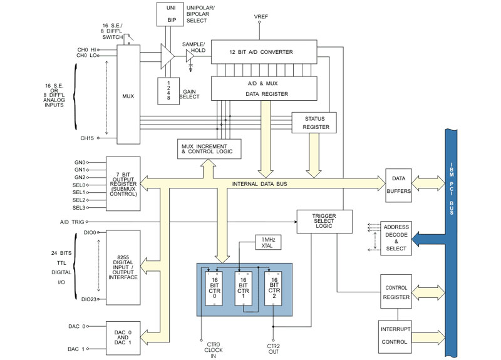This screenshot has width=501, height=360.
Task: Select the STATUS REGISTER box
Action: coord(314,122)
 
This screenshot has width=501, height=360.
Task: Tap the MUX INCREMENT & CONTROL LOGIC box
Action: coord(209,148)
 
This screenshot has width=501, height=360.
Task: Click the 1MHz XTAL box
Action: coord(267,242)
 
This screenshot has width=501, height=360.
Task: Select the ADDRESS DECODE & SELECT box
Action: coord(397,238)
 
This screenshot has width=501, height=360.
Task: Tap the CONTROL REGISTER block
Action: coord(397,292)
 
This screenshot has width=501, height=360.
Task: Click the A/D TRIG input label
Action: coord(69,222)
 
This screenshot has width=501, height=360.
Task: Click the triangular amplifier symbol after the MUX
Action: coord(166,55)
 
